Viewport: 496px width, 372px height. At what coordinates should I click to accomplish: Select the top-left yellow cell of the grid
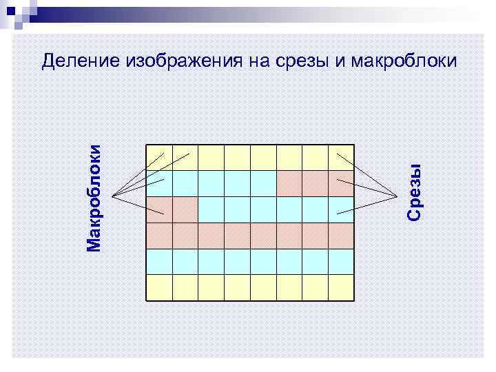point(159,158)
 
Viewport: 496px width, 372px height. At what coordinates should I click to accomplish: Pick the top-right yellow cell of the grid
point(341,158)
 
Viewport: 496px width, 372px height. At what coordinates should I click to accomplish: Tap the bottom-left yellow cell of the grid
point(159,287)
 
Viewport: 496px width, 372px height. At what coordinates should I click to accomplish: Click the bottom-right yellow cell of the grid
point(341,287)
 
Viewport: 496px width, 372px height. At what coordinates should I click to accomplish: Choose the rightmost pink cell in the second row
point(341,184)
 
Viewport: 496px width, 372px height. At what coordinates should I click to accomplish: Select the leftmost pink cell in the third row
point(159,209)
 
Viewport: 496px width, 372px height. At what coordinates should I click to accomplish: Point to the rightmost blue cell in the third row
point(341,209)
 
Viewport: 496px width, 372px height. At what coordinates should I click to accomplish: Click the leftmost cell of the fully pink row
point(159,236)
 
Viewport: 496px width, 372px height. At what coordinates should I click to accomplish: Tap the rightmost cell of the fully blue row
point(341,262)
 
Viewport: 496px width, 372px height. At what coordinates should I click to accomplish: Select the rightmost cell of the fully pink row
point(341,236)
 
